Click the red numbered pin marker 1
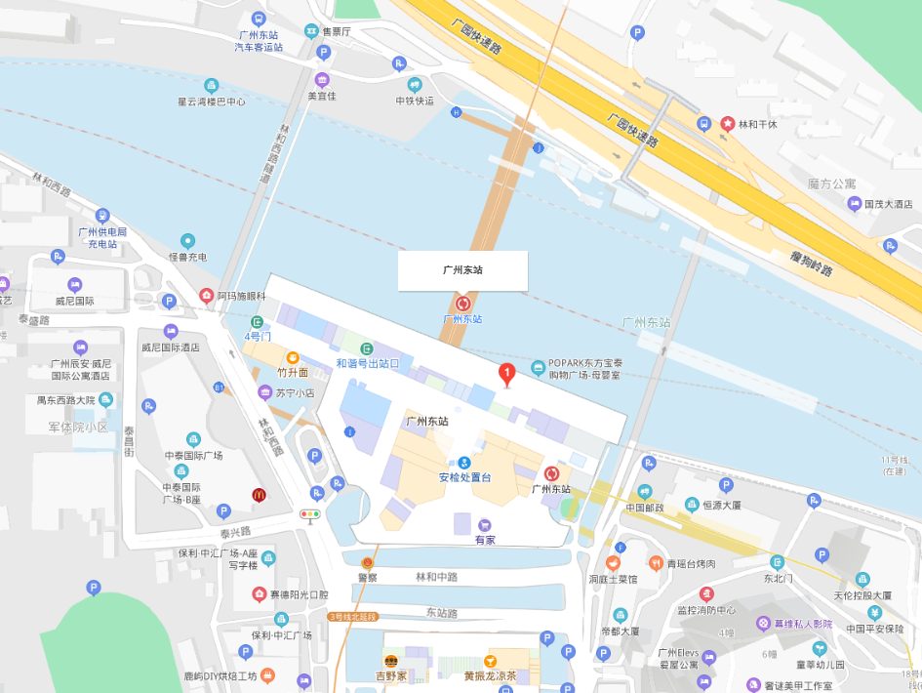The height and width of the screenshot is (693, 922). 506,373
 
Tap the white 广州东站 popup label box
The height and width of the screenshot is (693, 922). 462,270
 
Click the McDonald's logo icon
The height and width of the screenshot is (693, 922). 259,495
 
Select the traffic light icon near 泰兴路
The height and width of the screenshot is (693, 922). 310,514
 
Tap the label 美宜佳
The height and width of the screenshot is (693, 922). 322,96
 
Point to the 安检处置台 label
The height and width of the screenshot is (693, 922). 463,477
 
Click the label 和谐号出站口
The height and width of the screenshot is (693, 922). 368,363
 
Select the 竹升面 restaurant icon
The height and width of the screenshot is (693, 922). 292,357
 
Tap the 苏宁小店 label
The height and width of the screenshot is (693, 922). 294,393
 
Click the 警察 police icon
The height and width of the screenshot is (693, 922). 367,563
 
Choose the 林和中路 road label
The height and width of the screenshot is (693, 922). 436,577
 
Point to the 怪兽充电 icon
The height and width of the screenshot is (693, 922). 187,241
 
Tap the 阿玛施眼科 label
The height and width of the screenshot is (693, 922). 241,295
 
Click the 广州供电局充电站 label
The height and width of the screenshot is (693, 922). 102,237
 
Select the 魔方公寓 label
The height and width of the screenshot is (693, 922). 831,183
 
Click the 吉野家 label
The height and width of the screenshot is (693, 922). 390,675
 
